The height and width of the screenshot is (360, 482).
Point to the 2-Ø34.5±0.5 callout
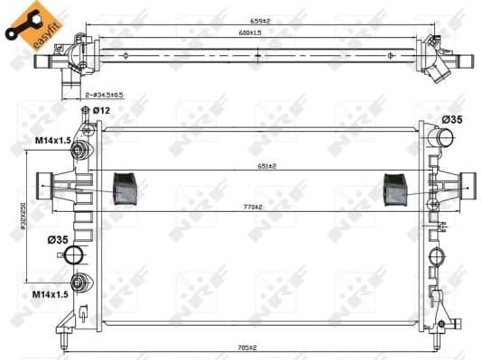tap(106, 94)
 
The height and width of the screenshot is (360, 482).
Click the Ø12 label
tap(104, 110)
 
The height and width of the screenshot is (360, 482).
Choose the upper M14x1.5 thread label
tap(54, 140)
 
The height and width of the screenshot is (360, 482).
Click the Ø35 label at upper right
tap(453, 120)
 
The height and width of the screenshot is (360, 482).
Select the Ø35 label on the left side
tap(58, 240)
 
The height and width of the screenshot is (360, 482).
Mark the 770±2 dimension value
tap(250, 208)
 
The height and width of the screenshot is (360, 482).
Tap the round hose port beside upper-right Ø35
tap(442, 138)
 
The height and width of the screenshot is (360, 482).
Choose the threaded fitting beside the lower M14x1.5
tap(82, 282)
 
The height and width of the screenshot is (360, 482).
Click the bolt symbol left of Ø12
tap(86, 111)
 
